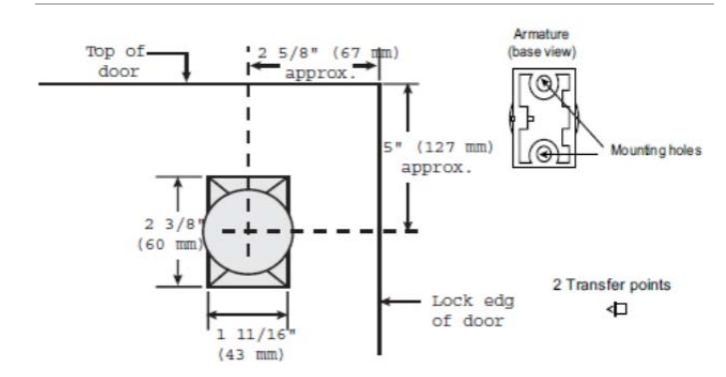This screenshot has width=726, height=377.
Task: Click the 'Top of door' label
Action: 115,61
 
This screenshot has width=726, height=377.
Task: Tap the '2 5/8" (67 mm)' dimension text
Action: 328,53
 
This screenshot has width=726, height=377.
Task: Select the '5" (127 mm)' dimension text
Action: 438,147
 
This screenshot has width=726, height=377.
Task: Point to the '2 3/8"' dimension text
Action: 174,224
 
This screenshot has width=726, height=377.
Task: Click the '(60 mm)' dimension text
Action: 171,244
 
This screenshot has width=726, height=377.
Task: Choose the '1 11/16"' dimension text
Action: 256,334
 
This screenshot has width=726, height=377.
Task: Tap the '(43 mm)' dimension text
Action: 251,355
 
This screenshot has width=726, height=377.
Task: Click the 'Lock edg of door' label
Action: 472,311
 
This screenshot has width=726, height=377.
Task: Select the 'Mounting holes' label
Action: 656,150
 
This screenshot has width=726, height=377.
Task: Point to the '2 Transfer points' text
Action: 611,284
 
